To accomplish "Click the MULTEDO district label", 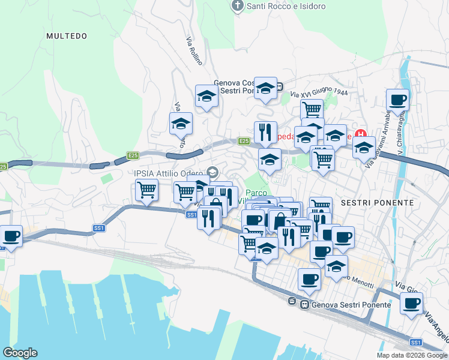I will (67, 36).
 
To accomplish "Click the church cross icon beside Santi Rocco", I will (238, 7).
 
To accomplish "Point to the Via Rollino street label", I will (194, 51).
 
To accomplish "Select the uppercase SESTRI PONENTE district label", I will (377, 203).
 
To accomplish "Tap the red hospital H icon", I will (361, 134).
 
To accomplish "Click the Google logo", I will (20, 353).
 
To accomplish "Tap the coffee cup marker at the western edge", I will (11, 236).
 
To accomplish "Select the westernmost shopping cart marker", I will (146, 190).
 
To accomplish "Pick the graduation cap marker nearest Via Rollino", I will (206, 96).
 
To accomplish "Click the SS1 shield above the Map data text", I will (415, 342).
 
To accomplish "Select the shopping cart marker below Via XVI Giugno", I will (312, 110).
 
